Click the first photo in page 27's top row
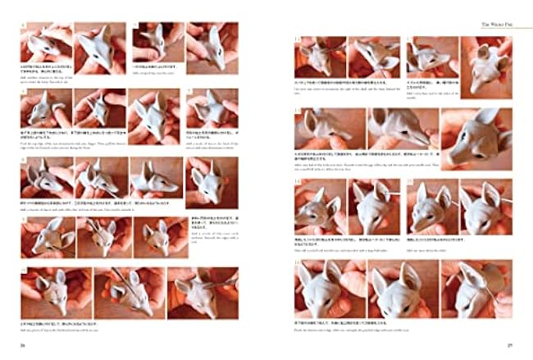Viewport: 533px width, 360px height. (321, 57)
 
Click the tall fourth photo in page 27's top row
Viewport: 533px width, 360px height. (486, 63)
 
